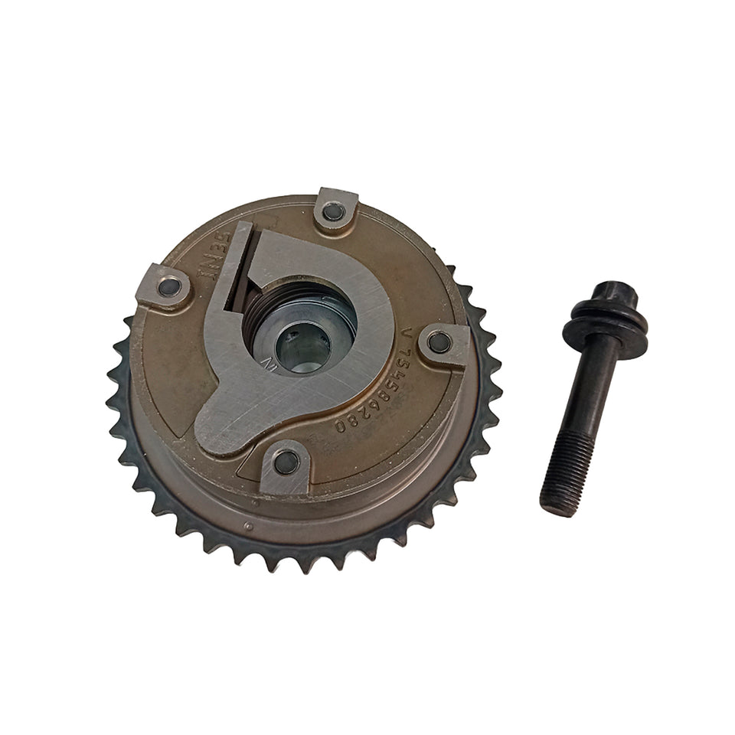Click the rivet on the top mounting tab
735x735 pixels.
click(333, 211)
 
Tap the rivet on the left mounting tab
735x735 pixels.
click(169, 287)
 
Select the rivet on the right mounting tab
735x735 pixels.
click(439, 341)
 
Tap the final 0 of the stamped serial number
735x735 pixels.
click(339, 426)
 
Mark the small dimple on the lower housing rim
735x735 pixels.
click(247, 525)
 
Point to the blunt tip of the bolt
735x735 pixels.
click(557, 507)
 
